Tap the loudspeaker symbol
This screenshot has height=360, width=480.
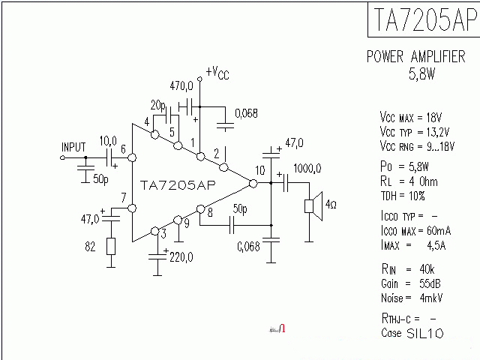pyautogui.click(x=313, y=206)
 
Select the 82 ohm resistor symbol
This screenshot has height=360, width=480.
pyautogui.click(x=111, y=247)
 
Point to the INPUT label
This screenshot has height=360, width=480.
pyautogui.click(x=73, y=146)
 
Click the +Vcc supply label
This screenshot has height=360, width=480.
pyautogui.click(x=217, y=72)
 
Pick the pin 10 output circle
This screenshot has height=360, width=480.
pyautogui.click(x=253, y=183)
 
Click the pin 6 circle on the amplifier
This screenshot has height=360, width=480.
pyautogui.click(x=132, y=158)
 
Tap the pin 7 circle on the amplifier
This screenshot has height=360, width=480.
pyautogui.click(x=132, y=208)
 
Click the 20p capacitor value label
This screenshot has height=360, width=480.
pyautogui.click(x=157, y=104)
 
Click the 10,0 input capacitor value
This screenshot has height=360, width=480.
pyautogui.click(x=108, y=140)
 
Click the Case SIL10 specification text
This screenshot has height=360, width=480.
pyautogui.click(x=412, y=332)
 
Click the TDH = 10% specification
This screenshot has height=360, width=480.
pyautogui.click(x=403, y=196)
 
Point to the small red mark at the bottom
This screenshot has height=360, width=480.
pyautogui.click(x=281, y=328)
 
